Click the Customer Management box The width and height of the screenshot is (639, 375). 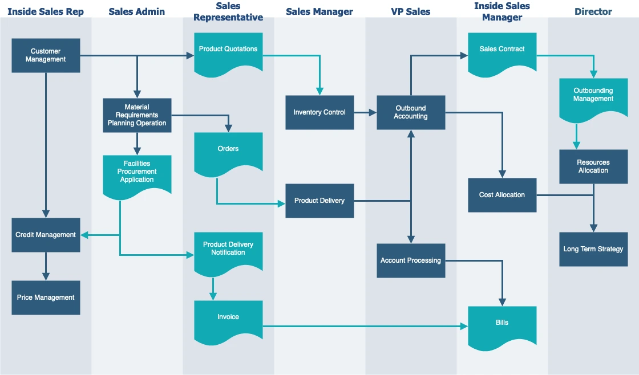46,55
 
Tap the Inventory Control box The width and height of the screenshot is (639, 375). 319,112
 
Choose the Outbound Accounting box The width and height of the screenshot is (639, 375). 411,112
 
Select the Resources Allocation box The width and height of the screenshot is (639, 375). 593,166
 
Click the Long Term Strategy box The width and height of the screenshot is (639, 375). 593,249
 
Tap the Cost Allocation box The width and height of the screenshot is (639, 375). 502,195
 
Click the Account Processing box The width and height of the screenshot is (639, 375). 411,260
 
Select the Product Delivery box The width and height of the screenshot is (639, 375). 319,201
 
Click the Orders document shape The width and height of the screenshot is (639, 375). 228,153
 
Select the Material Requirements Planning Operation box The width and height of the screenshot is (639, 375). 137,115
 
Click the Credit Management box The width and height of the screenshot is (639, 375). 46,235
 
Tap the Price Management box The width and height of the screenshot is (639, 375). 46,297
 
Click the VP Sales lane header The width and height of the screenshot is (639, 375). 411,11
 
